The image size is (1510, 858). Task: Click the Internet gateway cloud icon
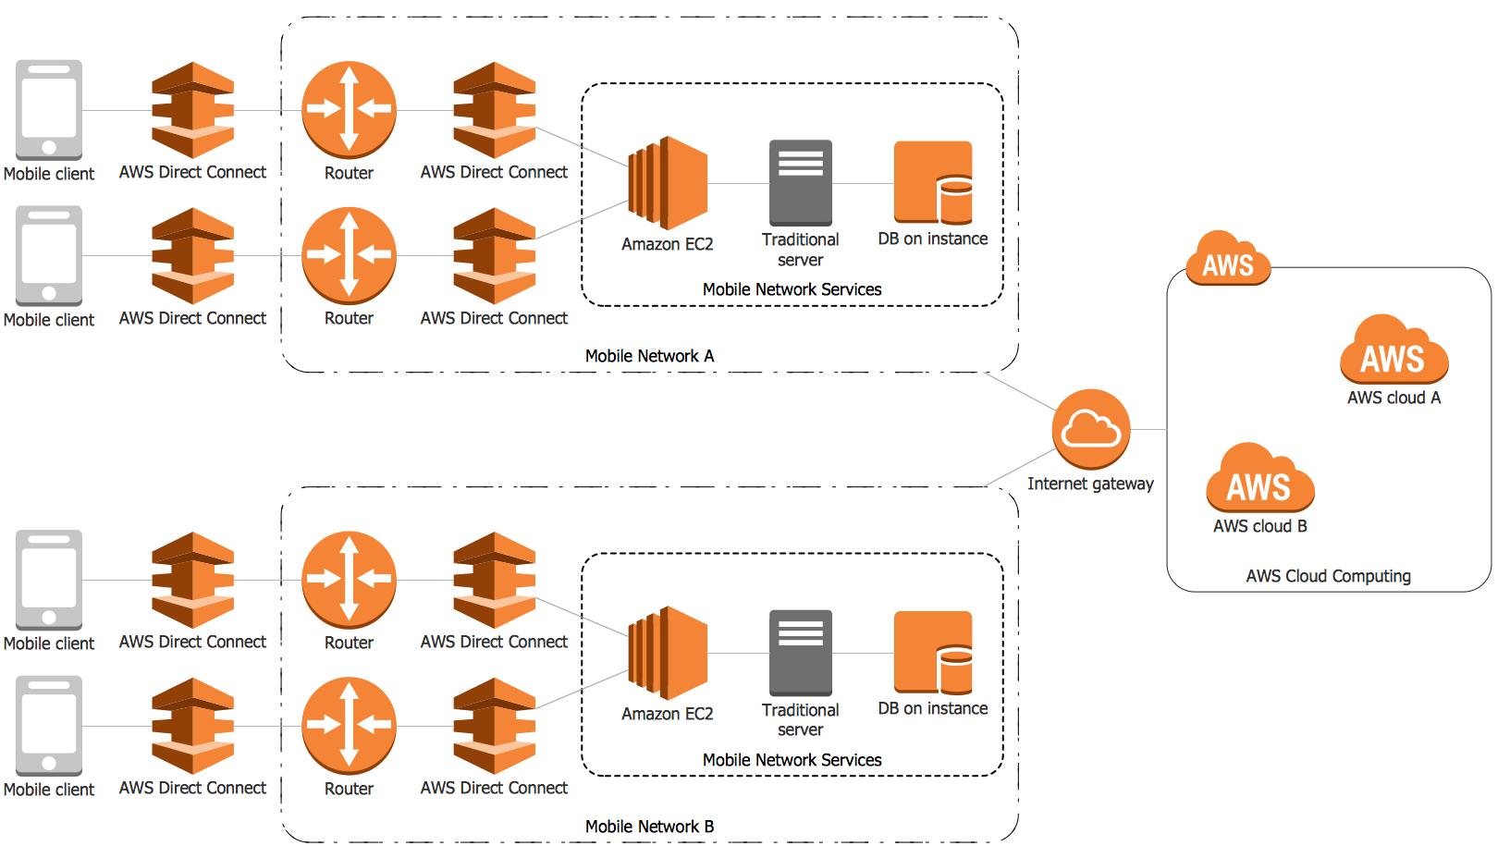(1091, 429)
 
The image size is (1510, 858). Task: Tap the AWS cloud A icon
(1393, 350)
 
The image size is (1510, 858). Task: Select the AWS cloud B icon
(1259, 478)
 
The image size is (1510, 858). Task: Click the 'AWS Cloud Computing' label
(1328, 576)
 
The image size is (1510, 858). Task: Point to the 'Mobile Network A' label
(649, 356)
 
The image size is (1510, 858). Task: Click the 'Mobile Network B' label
(649, 827)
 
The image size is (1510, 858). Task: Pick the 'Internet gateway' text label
(1090, 484)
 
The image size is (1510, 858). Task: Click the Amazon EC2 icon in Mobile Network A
(668, 183)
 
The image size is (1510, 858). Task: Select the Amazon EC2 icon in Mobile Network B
(668, 653)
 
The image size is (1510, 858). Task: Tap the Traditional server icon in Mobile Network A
(801, 183)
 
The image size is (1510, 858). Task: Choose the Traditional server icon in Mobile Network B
(801, 653)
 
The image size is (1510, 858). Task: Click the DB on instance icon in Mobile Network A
(932, 182)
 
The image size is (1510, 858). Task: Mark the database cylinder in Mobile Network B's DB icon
(955, 670)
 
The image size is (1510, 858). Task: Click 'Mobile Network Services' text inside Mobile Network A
(792, 289)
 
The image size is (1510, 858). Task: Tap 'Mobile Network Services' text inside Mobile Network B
(792, 760)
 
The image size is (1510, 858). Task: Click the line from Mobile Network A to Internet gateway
(1021, 391)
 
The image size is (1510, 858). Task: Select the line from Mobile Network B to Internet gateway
(1021, 467)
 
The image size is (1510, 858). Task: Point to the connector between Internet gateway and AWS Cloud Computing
(1148, 429)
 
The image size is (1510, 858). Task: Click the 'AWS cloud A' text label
(1393, 398)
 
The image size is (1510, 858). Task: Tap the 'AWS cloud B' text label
(1259, 526)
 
